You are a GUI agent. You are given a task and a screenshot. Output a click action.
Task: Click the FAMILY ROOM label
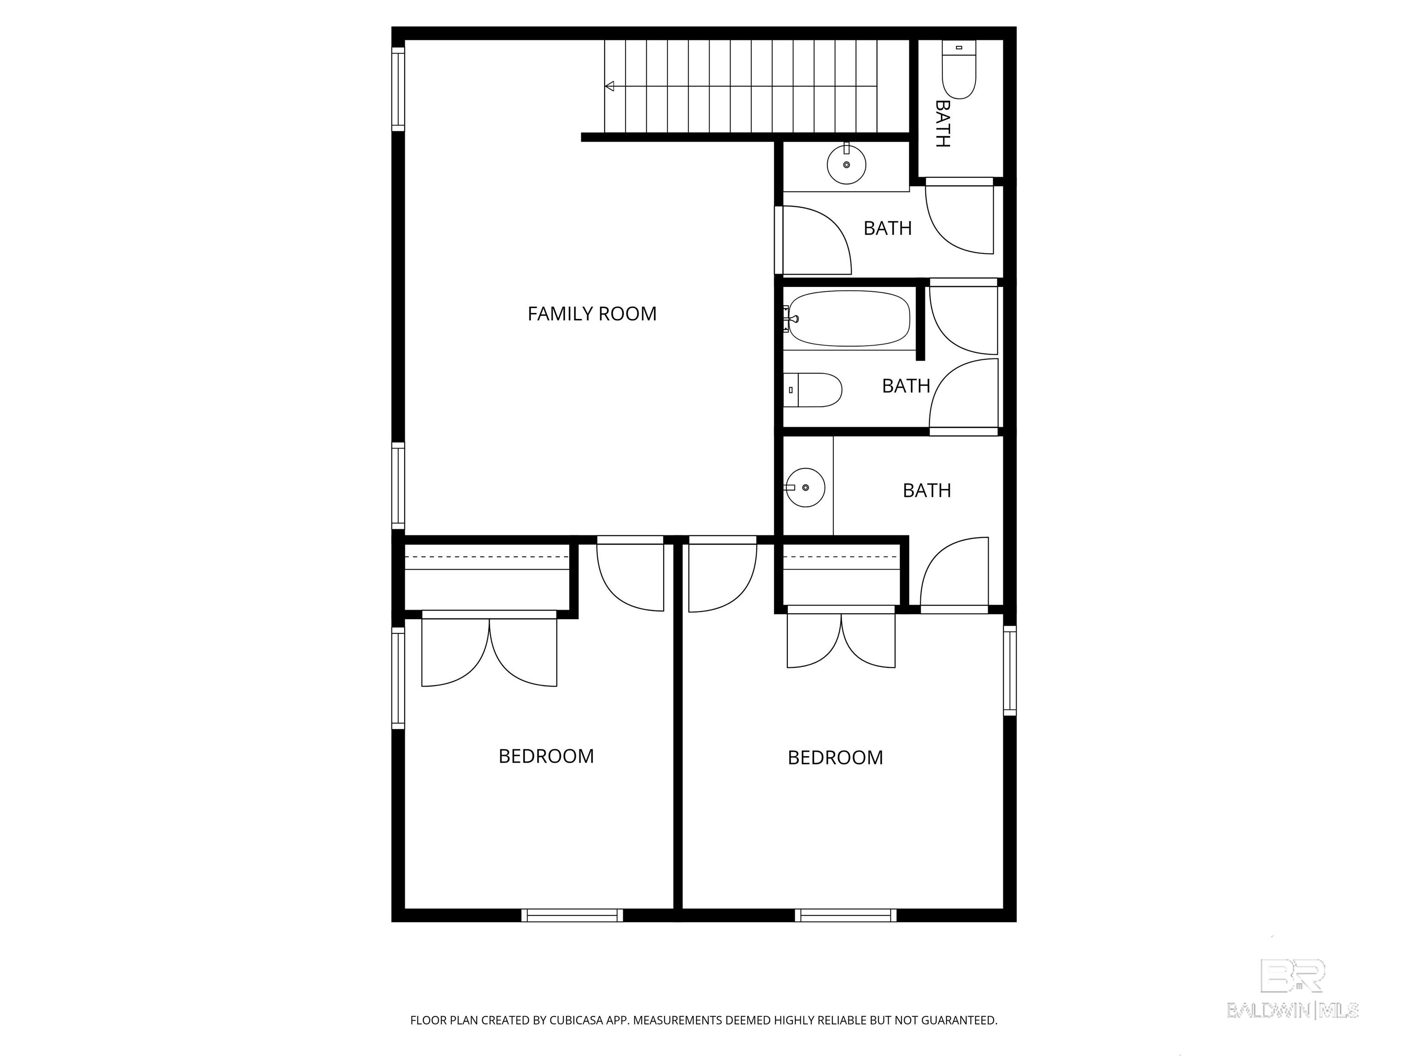(x=592, y=314)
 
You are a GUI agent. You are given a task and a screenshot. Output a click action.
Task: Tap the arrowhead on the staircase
(x=609, y=86)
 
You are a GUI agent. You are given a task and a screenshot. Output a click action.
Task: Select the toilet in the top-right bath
(x=959, y=69)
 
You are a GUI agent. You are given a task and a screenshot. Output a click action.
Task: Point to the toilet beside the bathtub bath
(x=813, y=390)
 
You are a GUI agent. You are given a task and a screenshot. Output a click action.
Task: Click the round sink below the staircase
(x=847, y=164)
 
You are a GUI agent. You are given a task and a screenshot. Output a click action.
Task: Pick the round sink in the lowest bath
(x=805, y=488)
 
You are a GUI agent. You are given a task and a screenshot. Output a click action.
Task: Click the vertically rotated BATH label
(x=943, y=123)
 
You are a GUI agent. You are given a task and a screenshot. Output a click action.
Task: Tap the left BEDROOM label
(x=546, y=756)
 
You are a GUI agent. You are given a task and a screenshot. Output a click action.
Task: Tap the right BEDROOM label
(x=835, y=758)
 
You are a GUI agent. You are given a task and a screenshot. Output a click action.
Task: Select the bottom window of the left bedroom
(x=572, y=915)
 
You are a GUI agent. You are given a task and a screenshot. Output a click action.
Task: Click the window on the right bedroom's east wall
(x=1010, y=670)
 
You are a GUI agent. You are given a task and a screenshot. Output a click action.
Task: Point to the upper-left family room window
(x=398, y=89)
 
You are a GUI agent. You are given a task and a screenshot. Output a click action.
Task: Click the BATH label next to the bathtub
(x=906, y=386)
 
